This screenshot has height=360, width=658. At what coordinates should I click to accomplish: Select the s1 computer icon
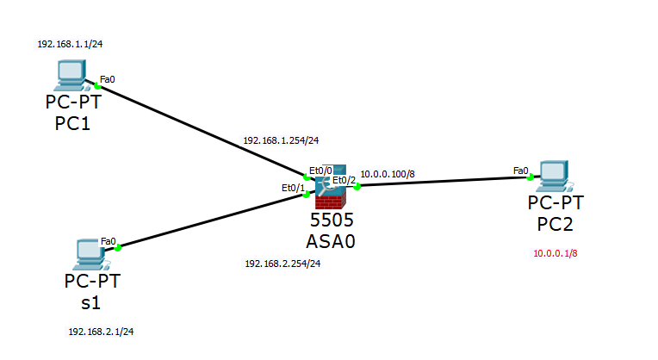[x=90, y=252]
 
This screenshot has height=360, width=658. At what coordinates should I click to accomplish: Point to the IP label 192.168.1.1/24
[x=65, y=42]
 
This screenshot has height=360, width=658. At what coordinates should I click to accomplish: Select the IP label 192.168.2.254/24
[x=282, y=264]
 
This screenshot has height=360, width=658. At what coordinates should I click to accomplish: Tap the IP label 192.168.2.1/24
[x=101, y=331]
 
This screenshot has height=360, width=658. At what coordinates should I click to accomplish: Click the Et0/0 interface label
[x=320, y=170]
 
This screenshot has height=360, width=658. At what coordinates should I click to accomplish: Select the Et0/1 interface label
[x=293, y=187]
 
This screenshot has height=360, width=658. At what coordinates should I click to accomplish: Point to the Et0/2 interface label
[x=344, y=180]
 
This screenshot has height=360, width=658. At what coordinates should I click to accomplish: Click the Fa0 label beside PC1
[x=108, y=79]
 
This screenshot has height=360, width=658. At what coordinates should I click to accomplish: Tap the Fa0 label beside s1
[x=108, y=241]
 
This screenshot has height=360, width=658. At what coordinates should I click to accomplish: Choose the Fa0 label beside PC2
[x=520, y=171]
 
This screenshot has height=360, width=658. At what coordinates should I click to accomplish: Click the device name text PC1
[x=73, y=124]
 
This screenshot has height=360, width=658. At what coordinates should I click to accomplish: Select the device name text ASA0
[x=330, y=240]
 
